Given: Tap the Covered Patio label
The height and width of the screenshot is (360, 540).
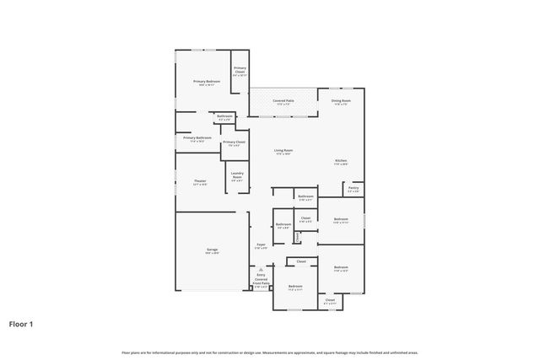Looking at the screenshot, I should pos(283,102).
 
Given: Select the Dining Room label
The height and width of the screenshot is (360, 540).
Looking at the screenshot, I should pos(342,102).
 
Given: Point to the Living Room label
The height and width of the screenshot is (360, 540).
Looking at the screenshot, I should pos(283,153).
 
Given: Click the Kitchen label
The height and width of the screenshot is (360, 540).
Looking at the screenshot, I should pos(341,162).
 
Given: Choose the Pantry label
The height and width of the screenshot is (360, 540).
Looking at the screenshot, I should pos(354,189).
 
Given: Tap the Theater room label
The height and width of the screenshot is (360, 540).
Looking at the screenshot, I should pos(200,182).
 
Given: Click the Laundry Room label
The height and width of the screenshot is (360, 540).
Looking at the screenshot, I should pos(237,177).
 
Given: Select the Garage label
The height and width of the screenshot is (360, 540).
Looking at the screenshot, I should pos(212,250).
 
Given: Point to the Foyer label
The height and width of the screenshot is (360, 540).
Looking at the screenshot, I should pos(262,245).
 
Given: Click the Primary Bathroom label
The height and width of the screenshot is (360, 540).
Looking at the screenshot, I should pos(197,138).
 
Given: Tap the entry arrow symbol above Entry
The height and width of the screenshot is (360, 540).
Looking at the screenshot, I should pos(262,270).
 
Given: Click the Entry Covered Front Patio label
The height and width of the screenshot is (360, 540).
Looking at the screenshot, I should pos(262,281).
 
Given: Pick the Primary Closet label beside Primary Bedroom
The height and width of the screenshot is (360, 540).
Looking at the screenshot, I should pos(240,72).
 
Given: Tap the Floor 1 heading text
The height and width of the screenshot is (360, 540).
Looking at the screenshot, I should pos(21,323).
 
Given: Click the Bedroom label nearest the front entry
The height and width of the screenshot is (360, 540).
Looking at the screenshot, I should pos(295,287).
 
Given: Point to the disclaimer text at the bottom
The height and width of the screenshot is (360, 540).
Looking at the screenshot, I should pos(270,352).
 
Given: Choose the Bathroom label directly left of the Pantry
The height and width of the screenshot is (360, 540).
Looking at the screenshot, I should pos(305,197).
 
